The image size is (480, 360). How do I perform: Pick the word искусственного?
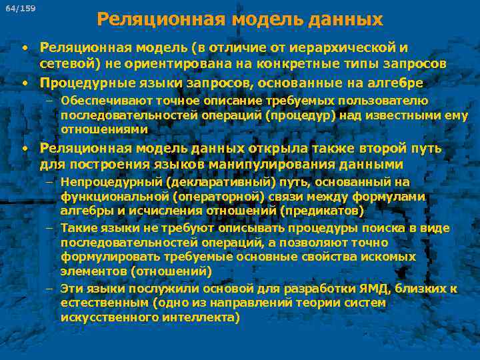pos(103,317)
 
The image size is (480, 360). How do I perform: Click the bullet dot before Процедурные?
pos(24,83)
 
